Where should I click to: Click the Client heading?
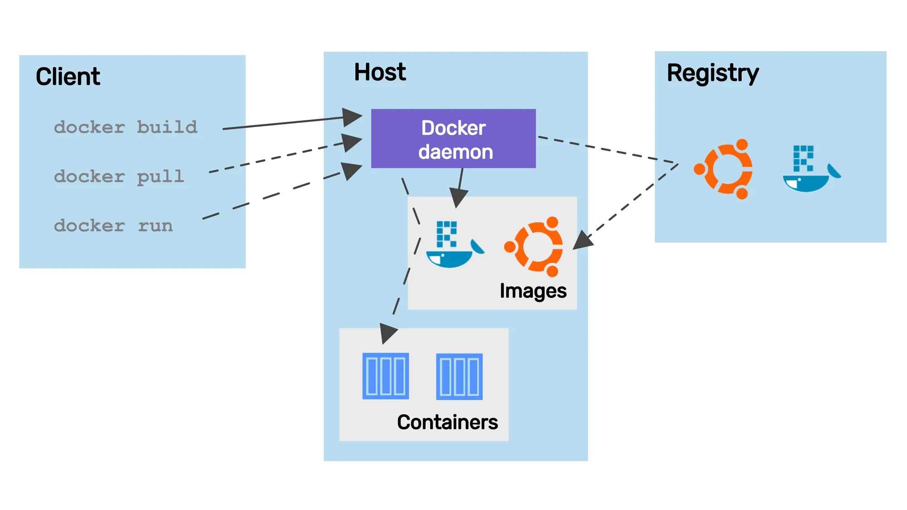click(x=68, y=76)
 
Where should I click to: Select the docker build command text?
click(x=126, y=127)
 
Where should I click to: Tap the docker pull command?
click(x=119, y=177)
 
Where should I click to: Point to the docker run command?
click(x=113, y=226)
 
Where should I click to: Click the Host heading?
click(x=380, y=72)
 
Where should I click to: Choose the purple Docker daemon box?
click(x=453, y=139)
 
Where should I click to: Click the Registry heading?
click(x=712, y=73)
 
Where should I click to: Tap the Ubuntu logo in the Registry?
click(x=724, y=169)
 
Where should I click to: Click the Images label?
click(x=533, y=291)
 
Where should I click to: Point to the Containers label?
click(x=447, y=422)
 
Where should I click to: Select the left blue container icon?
click(x=386, y=376)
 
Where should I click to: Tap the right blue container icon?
click(x=459, y=377)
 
